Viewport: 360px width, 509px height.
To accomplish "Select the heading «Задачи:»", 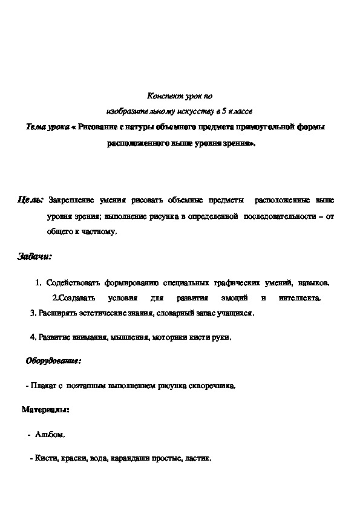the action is pos(34,257).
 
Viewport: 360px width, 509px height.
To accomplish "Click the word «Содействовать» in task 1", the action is pos(73,282).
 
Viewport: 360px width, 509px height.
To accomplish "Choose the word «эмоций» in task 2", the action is pos(227,298).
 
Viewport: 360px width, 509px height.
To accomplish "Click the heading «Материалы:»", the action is pos(45,410).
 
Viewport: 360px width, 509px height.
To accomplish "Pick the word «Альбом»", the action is pos(49,434).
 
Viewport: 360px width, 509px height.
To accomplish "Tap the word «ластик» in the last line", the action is pos(200,459).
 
